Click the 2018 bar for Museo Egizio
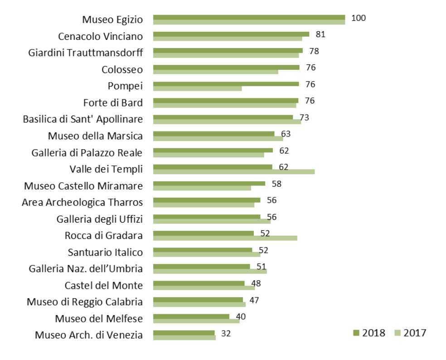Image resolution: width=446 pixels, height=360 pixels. (x=249, y=17)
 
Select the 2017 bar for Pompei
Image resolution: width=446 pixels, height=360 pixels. (x=197, y=88)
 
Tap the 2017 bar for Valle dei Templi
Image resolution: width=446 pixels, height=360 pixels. (x=233, y=171)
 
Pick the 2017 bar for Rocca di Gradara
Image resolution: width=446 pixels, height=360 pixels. (x=225, y=238)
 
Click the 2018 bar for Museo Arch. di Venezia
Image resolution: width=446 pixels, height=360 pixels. (x=184, y=333)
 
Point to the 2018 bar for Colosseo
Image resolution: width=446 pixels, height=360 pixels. (x=226, y=67)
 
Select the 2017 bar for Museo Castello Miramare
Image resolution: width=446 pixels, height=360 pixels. (x=202, y=188)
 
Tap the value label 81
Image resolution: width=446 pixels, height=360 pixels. (x=320, y=34)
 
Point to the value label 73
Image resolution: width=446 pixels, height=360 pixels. (x=304, y=117)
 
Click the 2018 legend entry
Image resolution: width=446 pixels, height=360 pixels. (x=369, y=333)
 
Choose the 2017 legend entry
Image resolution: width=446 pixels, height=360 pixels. (x=410, y=333)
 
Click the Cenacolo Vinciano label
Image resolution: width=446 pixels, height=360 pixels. (x=100, y=36)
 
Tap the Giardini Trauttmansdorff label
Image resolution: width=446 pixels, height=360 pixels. (x=85, y=53)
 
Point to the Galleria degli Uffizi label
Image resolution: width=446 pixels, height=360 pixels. (x=99, y=219)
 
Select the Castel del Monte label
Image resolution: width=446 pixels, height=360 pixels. (x=103, y=285)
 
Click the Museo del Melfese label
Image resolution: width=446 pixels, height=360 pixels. (x=99, y=319)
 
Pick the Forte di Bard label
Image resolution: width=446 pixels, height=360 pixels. (x=113, y=102)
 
